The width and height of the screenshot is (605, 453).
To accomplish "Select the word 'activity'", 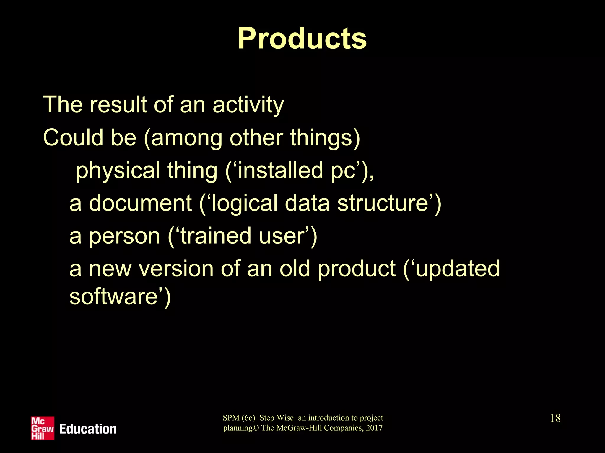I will pyautogui.click(x=248, y=105).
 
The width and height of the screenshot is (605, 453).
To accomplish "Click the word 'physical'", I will pyautogui.click(x=118, y=170).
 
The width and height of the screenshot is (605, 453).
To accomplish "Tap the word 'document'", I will pyautogui.click(x=140, y=203).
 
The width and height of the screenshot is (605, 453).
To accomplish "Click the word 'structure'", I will pyautogui.click(x=383, y=203).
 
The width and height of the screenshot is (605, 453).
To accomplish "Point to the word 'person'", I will pyautogui.click(x=124, y=237).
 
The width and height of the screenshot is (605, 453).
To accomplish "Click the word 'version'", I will pyautogui.click(x=176, y=269).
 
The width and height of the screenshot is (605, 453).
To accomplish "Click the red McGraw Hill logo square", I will pyautogui.click(x=43, y=428).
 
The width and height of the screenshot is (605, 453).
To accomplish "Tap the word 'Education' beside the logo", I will pyautogui.click(x=88, y=429).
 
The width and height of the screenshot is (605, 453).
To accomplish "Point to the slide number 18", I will pyautogui.click(x=555, y=418).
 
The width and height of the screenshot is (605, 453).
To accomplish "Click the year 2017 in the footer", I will pyautogui.click(x=374, y=428).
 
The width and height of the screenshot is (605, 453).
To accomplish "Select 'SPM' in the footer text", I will pyautogui.click(x=231, y=418).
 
